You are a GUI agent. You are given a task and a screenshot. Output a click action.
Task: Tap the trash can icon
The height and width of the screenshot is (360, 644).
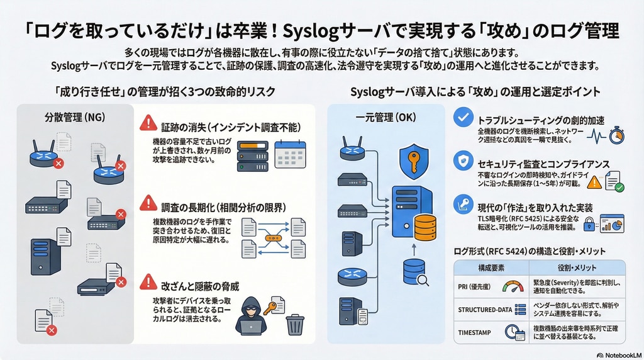295,325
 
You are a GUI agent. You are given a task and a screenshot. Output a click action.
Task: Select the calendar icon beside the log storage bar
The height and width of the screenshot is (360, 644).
291,154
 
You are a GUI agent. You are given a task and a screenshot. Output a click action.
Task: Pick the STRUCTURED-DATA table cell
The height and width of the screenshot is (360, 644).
482,308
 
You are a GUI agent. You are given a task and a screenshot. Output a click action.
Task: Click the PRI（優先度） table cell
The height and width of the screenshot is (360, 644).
475,287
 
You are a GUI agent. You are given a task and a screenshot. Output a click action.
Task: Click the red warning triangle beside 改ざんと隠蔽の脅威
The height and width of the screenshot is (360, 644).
148,281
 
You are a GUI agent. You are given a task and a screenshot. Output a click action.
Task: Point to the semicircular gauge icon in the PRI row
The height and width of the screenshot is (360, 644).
513,287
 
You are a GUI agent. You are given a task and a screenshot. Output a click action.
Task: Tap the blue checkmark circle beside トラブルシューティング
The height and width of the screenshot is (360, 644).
464,118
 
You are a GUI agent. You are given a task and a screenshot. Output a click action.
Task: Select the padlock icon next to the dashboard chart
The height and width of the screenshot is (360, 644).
590,223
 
